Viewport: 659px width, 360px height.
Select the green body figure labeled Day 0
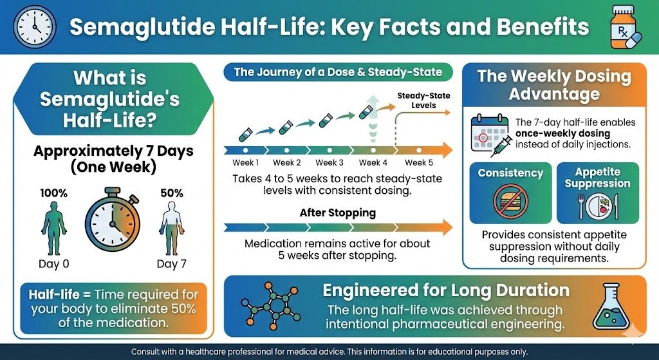(54, 226)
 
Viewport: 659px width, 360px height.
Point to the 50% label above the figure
(172, 193)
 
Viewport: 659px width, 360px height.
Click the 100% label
(54, 193)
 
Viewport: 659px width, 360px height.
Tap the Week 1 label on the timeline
(245, 163)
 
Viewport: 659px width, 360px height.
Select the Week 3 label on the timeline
(329, 163)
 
